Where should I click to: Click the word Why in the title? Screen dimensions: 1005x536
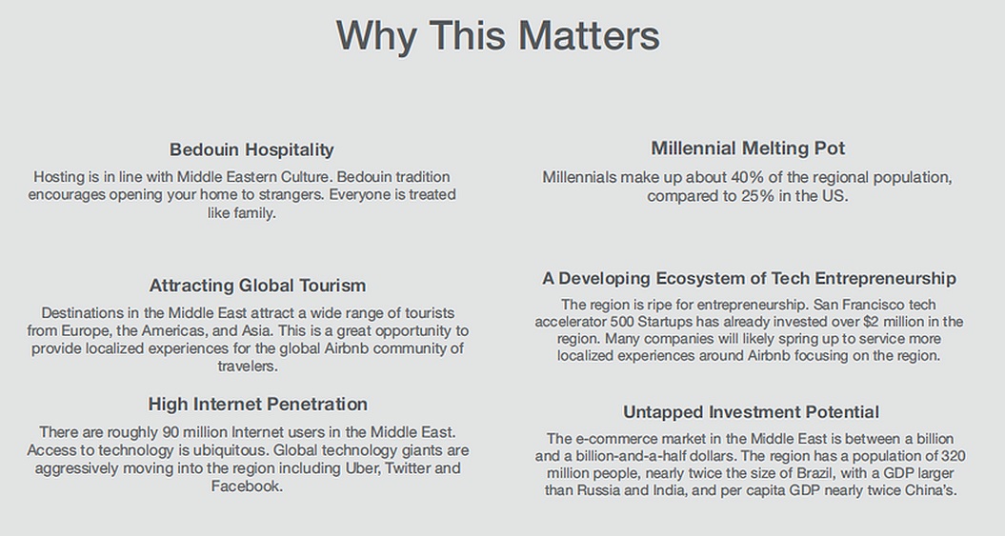tap(376, 36)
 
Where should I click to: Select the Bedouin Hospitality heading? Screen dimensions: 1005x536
tap(251, 149)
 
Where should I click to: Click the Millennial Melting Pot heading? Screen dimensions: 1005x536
tap(748, 148)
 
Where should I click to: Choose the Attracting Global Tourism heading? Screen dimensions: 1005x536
tap(257, 286)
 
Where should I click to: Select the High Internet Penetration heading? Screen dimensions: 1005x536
tap(257, 404)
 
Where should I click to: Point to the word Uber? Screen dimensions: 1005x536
tap(363, 468)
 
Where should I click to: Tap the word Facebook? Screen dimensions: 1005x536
tap(247, 486)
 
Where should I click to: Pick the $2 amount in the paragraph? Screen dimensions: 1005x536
tap(872, 322)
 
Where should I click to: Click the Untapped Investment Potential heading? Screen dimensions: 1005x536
tap(752, 412)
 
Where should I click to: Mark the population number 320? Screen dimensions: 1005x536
tap(954, 456)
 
